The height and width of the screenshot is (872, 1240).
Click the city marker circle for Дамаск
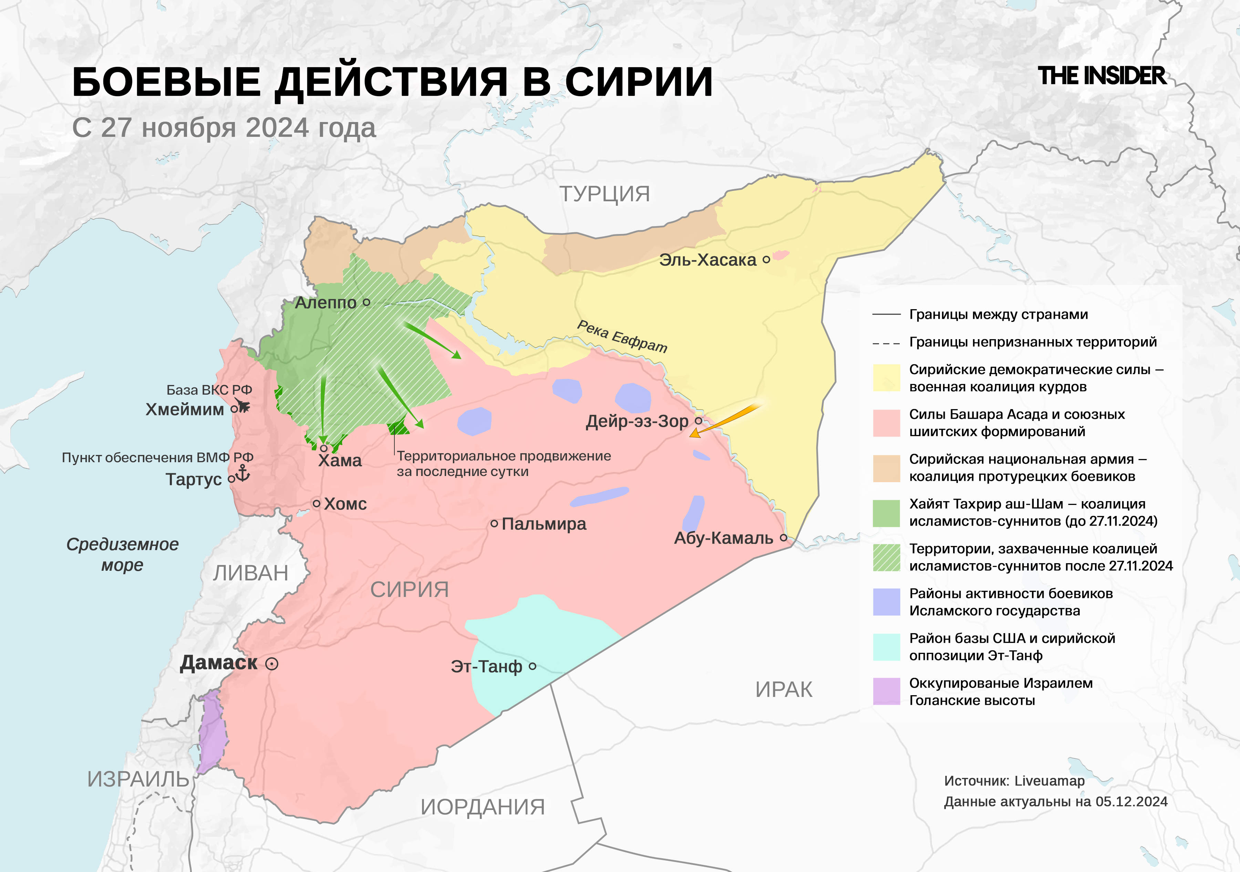click(x=272, y=664)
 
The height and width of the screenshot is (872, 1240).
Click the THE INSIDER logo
click(x=1102, y=76)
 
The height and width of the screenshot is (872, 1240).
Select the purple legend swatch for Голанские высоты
click(x=886, y=691)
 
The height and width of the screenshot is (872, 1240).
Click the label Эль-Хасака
click(x=707, y=260)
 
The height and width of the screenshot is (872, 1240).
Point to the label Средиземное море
click(x=123, y=554)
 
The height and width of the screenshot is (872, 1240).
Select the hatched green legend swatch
click(x=886, y=557)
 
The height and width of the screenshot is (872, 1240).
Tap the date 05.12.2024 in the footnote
click(x=1131, y=802)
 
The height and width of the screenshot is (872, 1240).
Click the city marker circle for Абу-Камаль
click(x=784, y=538)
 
